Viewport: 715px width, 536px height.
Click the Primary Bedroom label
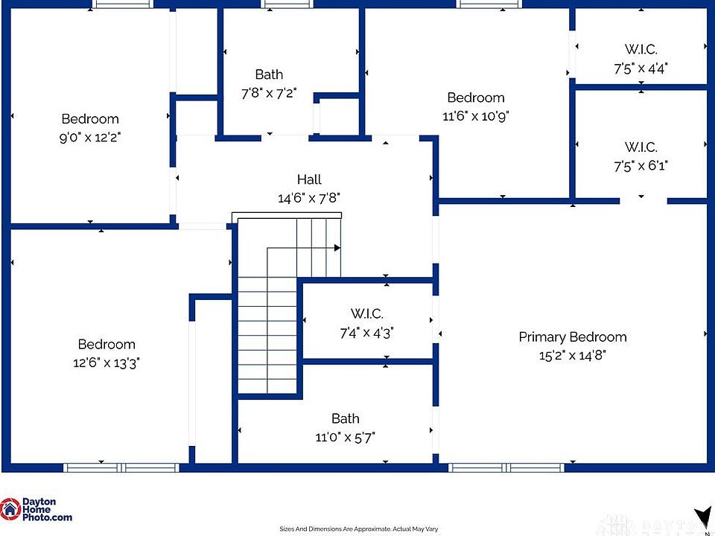[572, 337]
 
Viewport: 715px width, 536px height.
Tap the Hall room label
[309, 179]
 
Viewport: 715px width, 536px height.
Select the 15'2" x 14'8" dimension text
[572, 355]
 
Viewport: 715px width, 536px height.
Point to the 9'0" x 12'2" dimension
[90, 137]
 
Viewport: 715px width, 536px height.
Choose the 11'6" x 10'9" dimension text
[475, 115]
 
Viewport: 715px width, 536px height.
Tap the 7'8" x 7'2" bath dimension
[269, 93]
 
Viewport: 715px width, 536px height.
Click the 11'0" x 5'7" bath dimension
[345, 437]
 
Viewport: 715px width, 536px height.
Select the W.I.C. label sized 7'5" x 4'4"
[641, 50]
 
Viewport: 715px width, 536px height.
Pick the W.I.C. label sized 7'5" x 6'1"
[641, 147]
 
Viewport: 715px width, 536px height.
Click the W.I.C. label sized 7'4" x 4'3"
[366, 314]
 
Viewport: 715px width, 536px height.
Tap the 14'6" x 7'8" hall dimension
[309, 198]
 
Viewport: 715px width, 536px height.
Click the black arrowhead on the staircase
[337, 248]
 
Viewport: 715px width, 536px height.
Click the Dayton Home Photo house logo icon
[10, 509]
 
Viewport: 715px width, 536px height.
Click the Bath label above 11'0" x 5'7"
[345, 418]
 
